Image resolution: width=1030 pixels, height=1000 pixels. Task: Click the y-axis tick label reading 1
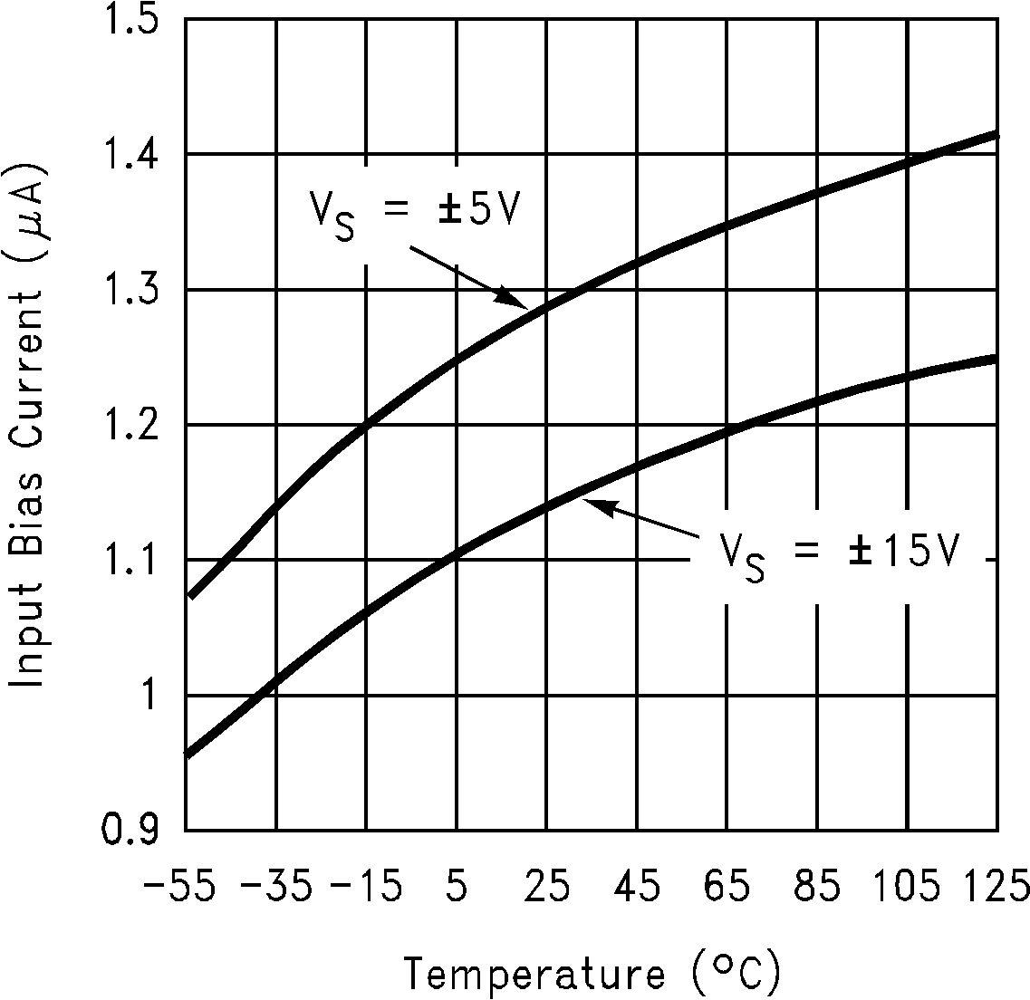tap(147, 697)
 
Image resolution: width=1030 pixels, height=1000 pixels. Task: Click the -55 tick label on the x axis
tap(179, 886)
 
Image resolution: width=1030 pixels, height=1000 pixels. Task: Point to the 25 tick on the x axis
tap(546, 886)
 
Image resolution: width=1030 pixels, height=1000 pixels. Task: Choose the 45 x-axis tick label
tap(637, 886)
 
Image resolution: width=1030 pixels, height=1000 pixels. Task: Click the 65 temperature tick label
tap(727, 886)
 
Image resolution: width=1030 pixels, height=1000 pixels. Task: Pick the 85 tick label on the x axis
tap(818, 886)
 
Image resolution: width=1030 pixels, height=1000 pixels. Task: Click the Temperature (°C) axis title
tap(592, 974)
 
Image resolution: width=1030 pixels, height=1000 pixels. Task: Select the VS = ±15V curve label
tap(839, 553)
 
